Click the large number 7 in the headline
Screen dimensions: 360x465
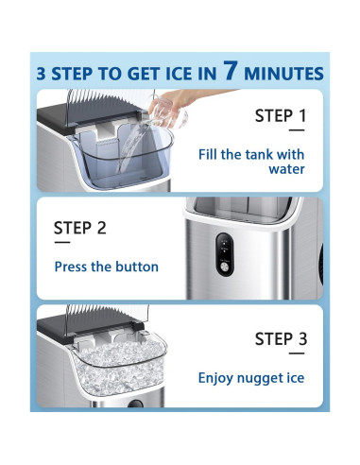click(x=230, y=70)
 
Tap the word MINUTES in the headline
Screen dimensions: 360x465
click(x=283, y=74)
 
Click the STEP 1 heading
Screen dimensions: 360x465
click(x=281, y=115)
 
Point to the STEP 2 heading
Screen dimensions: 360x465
click(x=80, y=228)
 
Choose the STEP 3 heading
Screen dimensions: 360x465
click(x=281, y=339)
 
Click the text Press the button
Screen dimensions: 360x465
click(x=107, y=267)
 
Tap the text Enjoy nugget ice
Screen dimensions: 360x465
click(x=251, y=378)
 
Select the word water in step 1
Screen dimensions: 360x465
click(x=286, y=169)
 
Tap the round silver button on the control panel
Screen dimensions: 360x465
click(x=225, y=267)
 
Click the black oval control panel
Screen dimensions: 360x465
click(x=225, y=254)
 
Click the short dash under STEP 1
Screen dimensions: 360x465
click(x=297, y=129)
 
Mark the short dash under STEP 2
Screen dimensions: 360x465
click(x=62, y=242)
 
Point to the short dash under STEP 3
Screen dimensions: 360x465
click(x=297, y=353)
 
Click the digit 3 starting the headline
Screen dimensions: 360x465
click(x=42, y=74)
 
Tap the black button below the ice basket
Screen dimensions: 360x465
click(x=135, y=404)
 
